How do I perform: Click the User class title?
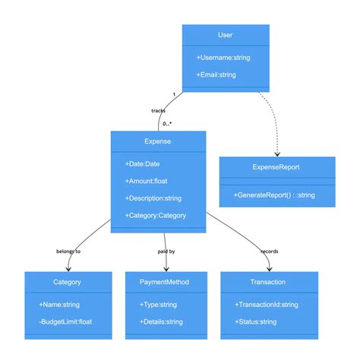[225, 35]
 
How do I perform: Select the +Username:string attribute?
[223, 57]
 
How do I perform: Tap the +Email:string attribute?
[216, 74]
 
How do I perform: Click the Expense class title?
[157, 141]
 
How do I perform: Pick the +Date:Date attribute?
[142, 163]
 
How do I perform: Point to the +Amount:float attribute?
[147, 181]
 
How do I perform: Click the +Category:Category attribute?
[155, 216]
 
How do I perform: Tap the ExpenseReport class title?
[276, 166]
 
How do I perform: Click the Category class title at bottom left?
[67, 282]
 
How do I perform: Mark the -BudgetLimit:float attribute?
[65, 321]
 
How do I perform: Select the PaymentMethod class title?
[164, 282]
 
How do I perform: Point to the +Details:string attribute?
[161, 321]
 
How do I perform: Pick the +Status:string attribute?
[255, 321]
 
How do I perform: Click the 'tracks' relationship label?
[158, 110]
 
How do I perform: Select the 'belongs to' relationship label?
[68, 251]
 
